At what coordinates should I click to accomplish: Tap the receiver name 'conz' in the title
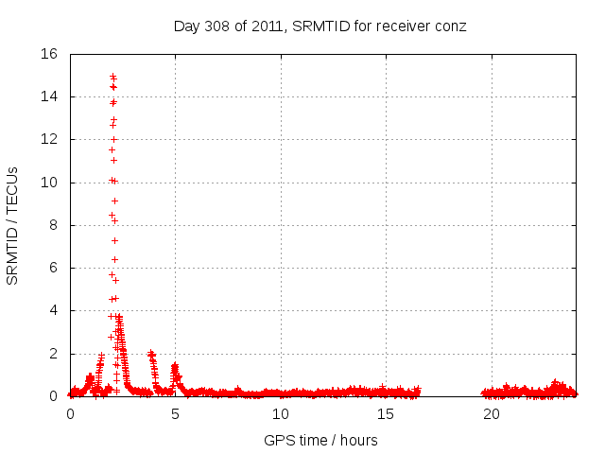point(451,26)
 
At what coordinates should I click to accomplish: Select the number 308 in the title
point(218,26)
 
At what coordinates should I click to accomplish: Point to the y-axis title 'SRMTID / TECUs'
point(13,225)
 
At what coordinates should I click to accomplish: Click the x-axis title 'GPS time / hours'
point(320,440)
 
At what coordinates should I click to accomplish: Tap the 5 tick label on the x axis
point(175,413)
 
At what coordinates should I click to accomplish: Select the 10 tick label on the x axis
point(281,413)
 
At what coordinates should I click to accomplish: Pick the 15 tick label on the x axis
point(386,413)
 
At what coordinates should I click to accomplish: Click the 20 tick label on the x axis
point(492,413)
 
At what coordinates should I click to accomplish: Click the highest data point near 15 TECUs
point(112,76)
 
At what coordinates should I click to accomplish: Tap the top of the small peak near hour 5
point(175,365)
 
